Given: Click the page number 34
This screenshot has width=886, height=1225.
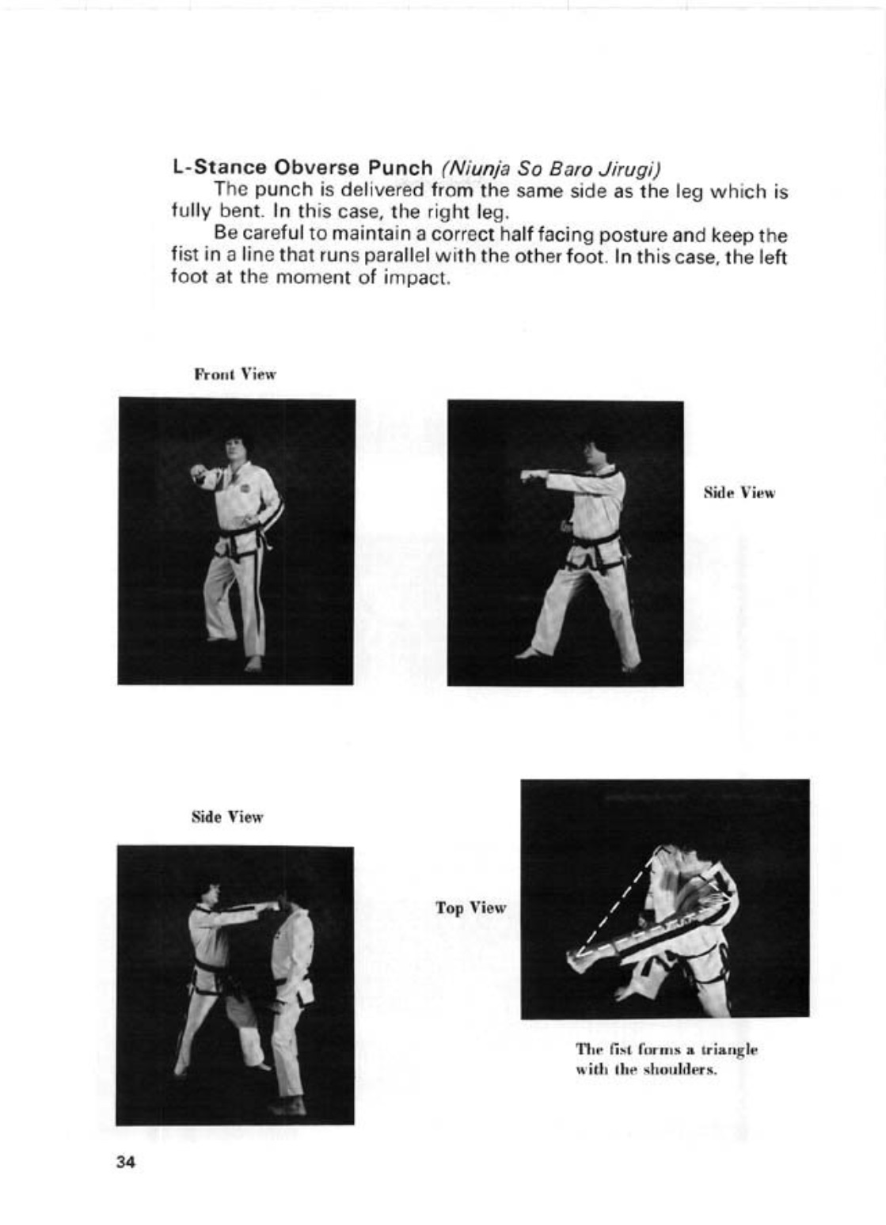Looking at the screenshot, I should [125, 1162].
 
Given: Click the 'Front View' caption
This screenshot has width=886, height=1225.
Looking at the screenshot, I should [235, 374].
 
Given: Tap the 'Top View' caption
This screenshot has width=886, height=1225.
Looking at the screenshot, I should [470, 908].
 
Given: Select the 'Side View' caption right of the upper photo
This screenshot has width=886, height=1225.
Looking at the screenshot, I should [740, 493].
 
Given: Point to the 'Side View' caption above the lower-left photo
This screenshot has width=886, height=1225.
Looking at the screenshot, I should [227, 817].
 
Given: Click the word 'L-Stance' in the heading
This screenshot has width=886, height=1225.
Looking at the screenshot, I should [220, 169].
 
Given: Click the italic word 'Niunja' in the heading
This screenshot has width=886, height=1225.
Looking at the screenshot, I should [478, 169].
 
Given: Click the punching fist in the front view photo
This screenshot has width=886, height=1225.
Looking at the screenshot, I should [199, 475].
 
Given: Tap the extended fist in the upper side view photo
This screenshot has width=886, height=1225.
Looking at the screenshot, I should [528, 476].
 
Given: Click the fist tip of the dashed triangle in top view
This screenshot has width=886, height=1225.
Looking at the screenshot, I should [576, 955].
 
